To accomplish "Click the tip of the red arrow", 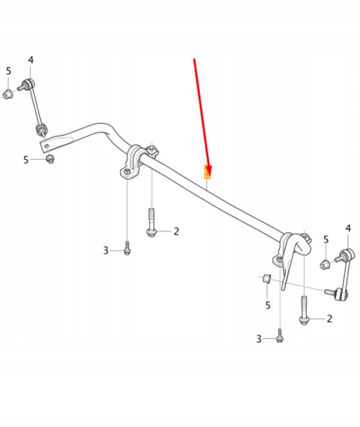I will click(207, 173).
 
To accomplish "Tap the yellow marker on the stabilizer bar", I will click(207, 176).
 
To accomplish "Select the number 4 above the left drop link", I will click(31, 60).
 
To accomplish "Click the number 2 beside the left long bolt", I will click(176, 231).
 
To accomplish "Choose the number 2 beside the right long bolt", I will click(329, 319).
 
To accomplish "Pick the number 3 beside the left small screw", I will click(107, 250).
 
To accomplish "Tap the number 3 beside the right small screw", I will click(260, 339).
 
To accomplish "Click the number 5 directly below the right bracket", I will click(267, 304).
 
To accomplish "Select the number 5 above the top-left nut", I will click(9, 71).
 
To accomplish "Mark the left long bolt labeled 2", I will click(151, 224).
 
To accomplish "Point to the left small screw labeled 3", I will click(126, 249).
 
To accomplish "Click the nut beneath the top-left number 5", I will click(8, 94).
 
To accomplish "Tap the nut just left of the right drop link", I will click(325, 264).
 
